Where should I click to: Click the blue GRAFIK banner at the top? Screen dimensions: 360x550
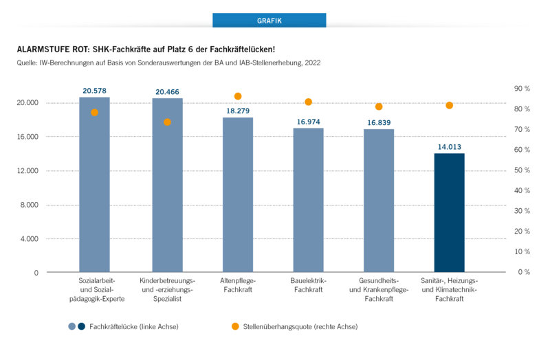pyautogui.click(x=269, y=21)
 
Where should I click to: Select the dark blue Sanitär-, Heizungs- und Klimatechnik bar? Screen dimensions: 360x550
pyautogui.click(x=449, y=212)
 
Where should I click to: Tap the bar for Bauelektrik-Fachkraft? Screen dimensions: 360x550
pyautogui.click(x=308, y=200)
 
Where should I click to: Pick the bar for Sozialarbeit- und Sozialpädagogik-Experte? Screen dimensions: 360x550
pyautogui.click(x=95, y=185)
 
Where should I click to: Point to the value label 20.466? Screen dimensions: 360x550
pyautogui.click(x=167, y=91)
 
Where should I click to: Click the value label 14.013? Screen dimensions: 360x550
pyautogui.click(x=449, y=146)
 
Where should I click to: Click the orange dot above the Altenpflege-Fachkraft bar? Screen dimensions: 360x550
pyautogui.click(x=238, y=96)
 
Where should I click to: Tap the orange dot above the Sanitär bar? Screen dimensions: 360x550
pyautogui.click(x=449, y=105)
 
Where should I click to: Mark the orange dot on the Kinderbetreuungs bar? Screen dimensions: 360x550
pyautogui.click(x=167, y=122)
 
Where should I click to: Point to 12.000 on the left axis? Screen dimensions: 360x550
pyautogui.click(x=27, y=170)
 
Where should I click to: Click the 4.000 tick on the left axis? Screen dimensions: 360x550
pyautogui.click(x=27, y=238)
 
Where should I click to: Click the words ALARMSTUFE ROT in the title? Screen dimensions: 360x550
pyautogui.click(x=52, y=50)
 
